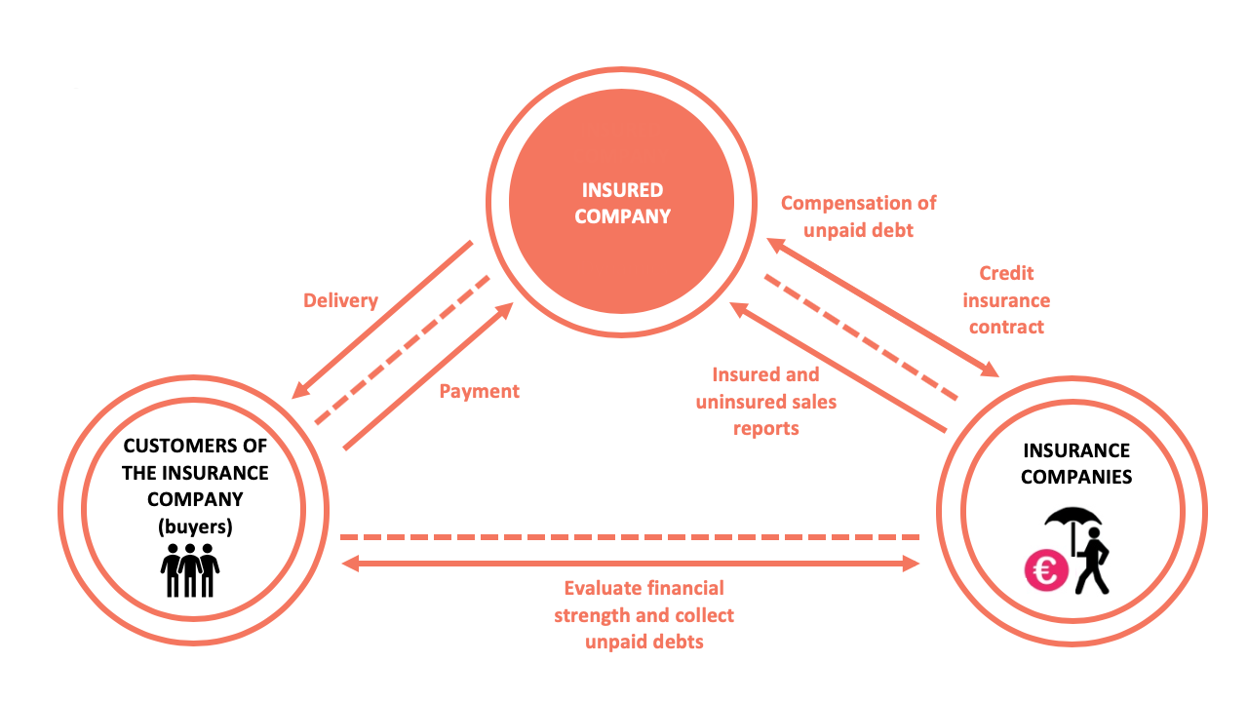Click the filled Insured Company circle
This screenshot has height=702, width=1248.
pos(621,201)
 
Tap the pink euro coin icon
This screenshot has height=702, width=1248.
pos(1046,570)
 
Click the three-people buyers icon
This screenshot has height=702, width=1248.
pos(190,570)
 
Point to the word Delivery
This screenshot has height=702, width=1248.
pos(340,300)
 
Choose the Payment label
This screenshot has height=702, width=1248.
pos(479,391)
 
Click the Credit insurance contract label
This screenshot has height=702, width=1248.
pos(1006,299)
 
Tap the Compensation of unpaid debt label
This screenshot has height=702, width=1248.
pos(858,216)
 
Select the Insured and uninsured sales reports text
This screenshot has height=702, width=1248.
pos(766,401)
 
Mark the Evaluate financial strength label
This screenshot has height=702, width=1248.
pos(644,602)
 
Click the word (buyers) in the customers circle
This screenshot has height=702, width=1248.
pos(195,526)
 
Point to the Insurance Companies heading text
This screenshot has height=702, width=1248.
pos(1076,463)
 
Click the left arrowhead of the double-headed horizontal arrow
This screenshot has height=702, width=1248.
pos(350,564)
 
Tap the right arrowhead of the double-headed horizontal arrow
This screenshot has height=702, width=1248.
pos(911,564)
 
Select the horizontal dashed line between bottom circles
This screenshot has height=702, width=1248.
pos(630,537)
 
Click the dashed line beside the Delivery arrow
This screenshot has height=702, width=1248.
pos(403,349)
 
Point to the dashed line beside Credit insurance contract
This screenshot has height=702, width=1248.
pos(861,337)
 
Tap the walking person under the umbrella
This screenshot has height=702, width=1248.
pos(1093,561)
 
